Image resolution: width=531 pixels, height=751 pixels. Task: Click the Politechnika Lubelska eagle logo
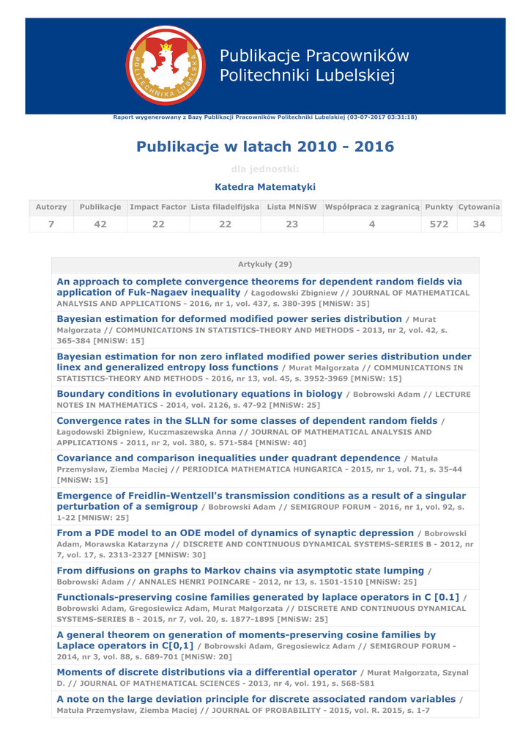(x=166, y=65)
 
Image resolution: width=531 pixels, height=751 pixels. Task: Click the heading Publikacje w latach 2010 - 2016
(x=265, y=147)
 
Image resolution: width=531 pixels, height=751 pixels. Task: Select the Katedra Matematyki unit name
(x=265, y=187)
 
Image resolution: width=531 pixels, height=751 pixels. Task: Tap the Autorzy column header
(x=51, y=208)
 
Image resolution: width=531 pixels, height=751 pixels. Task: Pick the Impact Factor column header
(x=158, y=208)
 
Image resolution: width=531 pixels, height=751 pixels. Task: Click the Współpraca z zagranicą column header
(x=372, y=208)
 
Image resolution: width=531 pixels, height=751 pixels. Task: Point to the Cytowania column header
(x=479, y=208)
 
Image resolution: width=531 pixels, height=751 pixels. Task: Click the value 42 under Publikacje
(x=100, y=224)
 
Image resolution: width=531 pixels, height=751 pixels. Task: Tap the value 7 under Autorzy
(x=51, y=224)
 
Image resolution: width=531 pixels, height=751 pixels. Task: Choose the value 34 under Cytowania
(x=479, y=224)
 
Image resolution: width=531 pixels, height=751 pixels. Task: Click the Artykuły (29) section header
(x=265, y=264)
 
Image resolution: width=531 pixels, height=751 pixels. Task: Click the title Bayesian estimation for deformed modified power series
(x=229, y=319)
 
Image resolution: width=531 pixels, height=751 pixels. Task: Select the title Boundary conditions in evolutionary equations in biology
(x=199, y=394)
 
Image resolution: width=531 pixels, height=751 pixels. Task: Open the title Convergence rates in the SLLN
(x=247, y=421)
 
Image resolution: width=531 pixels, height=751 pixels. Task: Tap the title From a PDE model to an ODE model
(x=235, y=533)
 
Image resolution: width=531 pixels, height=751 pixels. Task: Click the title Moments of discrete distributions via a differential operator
(x=207, y=672)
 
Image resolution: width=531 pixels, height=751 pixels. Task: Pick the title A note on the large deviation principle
(x=256, y=699)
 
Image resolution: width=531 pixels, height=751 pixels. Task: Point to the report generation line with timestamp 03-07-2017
(x=265, y=117)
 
